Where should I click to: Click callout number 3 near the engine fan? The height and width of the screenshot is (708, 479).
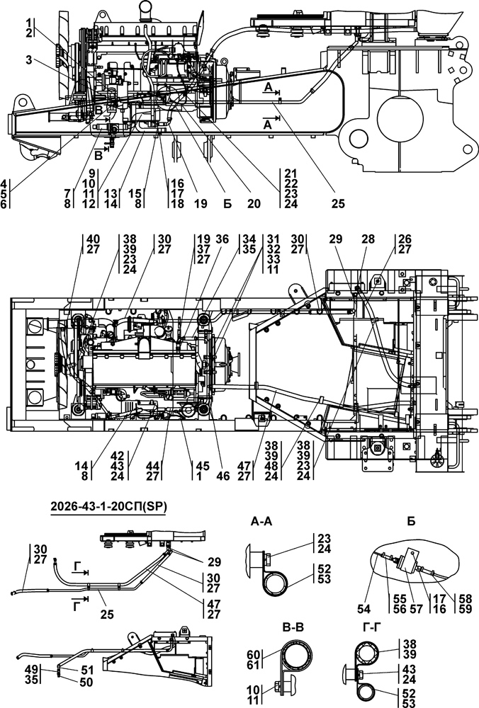pyautogui.click(x=28, y=60)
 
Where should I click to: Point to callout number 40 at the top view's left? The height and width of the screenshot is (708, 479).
pyautogui.click(x=93, y=239)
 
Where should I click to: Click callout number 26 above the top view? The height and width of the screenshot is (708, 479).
pyautogui.click(x=404, y=239)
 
